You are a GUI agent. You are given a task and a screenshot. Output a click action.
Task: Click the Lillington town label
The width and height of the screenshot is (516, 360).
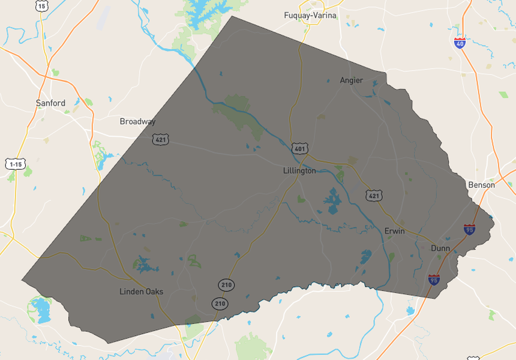[x=299, y=171]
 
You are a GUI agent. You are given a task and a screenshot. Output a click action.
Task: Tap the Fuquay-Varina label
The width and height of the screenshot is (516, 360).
[x=310, y=16]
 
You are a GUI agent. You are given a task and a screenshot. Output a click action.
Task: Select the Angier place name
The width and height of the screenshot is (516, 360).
[x=352, y=80]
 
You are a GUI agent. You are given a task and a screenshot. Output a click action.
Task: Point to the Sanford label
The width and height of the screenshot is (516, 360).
[x=50, y=103]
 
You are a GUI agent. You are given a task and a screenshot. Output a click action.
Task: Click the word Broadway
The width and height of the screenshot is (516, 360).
[x=137, y=121]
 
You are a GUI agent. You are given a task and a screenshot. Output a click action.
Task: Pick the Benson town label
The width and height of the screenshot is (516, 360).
[x=482, y=185]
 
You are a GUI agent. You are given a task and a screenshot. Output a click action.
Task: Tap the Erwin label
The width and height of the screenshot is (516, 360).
[x=394, y=231]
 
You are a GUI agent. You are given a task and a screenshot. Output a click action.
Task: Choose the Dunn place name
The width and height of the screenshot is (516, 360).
[x=440, y=248]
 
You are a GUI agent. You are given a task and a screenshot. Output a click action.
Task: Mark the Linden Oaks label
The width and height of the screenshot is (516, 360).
[x=141, y=292]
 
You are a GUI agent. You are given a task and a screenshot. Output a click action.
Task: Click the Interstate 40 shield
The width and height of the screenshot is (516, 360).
[x=460, y=43]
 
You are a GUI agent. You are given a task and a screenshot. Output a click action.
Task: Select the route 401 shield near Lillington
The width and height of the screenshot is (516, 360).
[x=299, y=148]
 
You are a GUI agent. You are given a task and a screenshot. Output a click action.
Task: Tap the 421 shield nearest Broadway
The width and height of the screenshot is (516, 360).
[x=160, y=140]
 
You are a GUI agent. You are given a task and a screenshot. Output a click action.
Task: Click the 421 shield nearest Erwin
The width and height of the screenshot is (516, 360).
[x=374, y=196]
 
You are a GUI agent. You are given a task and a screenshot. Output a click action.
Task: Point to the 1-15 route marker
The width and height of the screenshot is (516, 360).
[x=16, y=164]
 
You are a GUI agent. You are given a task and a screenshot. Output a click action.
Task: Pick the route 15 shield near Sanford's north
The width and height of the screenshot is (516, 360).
[x=41, y=6]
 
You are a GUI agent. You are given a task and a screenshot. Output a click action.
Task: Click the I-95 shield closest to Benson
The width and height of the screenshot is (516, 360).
[x=470, y=230]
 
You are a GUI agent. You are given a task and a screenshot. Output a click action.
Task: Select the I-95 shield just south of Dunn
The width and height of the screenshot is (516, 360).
[x=434, y=280]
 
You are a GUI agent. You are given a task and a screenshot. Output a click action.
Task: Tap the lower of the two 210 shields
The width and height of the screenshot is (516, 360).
[x=220, y=304]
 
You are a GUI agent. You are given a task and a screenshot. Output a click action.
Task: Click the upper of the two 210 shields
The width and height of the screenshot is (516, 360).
[x=226, y=284]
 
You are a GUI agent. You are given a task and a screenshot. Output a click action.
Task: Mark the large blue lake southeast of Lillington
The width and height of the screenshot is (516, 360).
[x=332, y=200]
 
